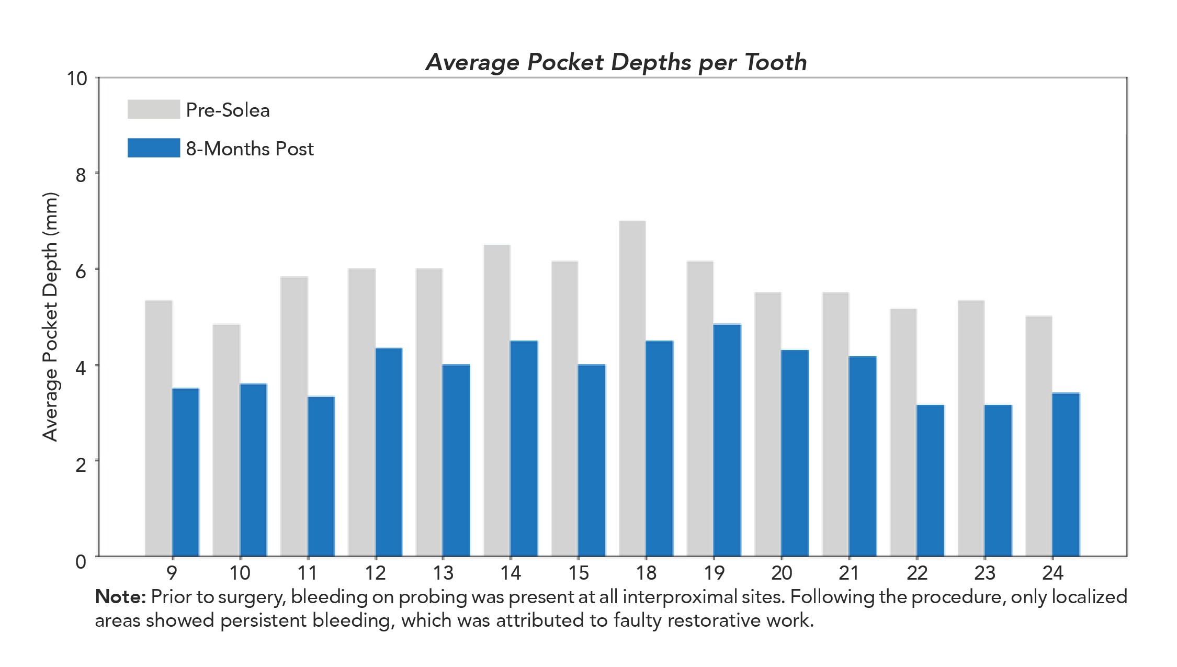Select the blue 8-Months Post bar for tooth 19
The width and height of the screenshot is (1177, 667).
click(x=727, y=440)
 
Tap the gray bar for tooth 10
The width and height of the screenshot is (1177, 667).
click(x=226, y=440)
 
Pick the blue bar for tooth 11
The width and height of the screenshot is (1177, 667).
click(x=321, y=476)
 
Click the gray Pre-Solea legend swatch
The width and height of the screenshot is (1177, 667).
click(x=154, y=109)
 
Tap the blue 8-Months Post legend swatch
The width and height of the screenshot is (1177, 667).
click(x=154, y=148)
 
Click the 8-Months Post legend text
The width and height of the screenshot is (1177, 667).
click(x=250, y=149)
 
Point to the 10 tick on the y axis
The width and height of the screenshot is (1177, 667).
click(x=77, y=79)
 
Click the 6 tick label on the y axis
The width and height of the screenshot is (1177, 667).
click(x=81, y=272)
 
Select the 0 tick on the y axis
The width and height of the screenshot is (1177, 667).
click(x=81, y=562)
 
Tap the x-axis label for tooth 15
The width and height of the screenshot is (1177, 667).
click(x=579, y=573)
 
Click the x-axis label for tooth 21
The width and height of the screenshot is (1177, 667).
click(x=849, y=573)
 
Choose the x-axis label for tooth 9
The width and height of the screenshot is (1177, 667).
click(x=172, y=573)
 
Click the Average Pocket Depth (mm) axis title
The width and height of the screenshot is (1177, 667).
click(x=50, y=317)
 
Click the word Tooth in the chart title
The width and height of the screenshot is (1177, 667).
click(x=776, y=62)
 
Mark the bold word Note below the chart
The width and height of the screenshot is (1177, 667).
click(x=120, y=597)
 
